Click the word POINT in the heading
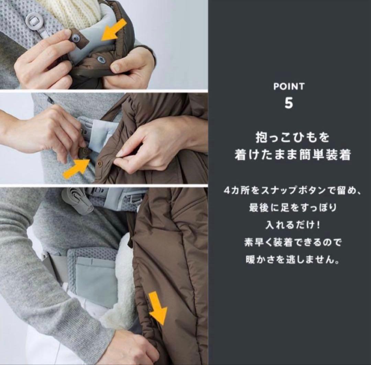[x=289, y=87]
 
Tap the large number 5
[x=289, y=103]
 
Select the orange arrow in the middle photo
[x=76, y=168]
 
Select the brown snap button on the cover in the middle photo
[x=99, y=163]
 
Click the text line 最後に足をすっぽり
[x=292, y=208]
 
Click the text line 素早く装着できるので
[x=292, y=243]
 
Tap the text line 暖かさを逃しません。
[x=292, y=260]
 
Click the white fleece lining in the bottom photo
[x=123, y=279]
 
